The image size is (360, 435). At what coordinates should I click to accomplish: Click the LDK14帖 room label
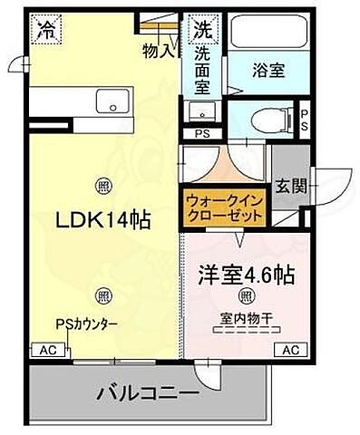(x=105, y=219)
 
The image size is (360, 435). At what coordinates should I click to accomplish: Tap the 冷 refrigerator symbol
(x=45, y=28)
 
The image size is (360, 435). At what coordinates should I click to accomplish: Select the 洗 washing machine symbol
(x=201, y=28)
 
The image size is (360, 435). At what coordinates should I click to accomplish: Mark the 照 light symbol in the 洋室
(x=245, y=295)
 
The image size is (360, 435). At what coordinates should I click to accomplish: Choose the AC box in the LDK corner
(x=44, y=349)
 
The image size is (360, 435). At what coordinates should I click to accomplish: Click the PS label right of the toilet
(x=305, y=121)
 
